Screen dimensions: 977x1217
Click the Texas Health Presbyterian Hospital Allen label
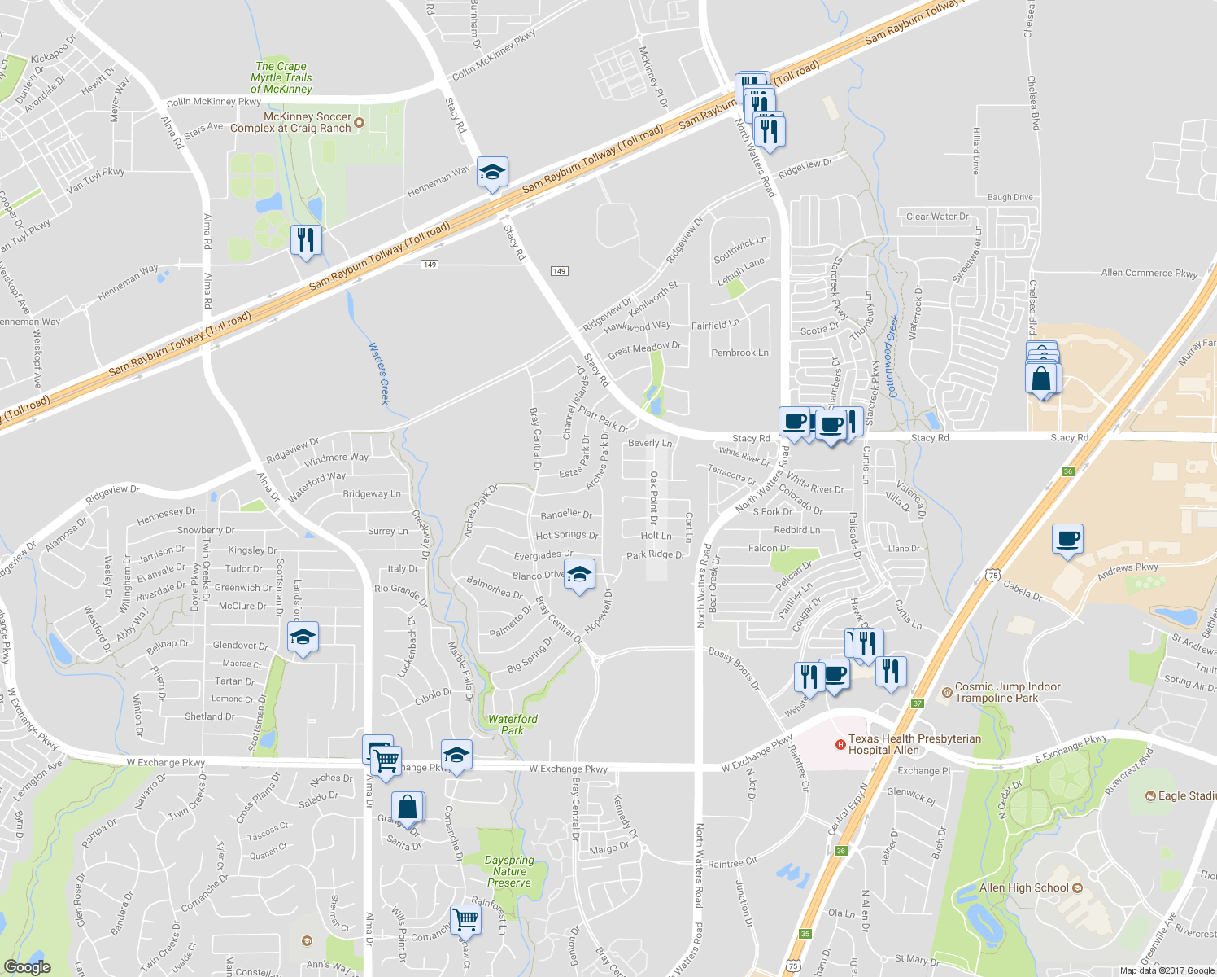click(914, 744)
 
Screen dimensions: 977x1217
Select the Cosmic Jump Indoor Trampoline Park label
click(1008, 692)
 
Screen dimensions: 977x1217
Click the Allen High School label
click(1024, 887)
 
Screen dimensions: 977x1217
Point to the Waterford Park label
click(513, 725)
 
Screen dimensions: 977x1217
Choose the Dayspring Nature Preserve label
click(509, 871)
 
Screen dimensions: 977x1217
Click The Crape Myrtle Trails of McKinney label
click(281, 77)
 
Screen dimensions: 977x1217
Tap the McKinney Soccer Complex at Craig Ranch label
click(290, 122)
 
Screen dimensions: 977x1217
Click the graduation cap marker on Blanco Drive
click(579, 575)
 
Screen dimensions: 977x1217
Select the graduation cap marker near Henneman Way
click(492, 173)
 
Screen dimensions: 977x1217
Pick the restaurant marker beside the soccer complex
click(306, 240)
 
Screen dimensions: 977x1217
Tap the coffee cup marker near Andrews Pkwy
click(1067, 539)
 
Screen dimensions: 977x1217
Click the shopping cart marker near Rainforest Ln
click(465, 920)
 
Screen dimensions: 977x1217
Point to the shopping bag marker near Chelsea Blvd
click(1042, 378)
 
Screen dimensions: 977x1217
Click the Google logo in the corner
click(27, 966)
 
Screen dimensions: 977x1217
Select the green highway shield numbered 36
click(1068, 471)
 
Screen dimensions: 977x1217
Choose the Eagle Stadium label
click(1187, 795)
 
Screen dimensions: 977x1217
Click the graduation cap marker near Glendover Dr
click(303, 637)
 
